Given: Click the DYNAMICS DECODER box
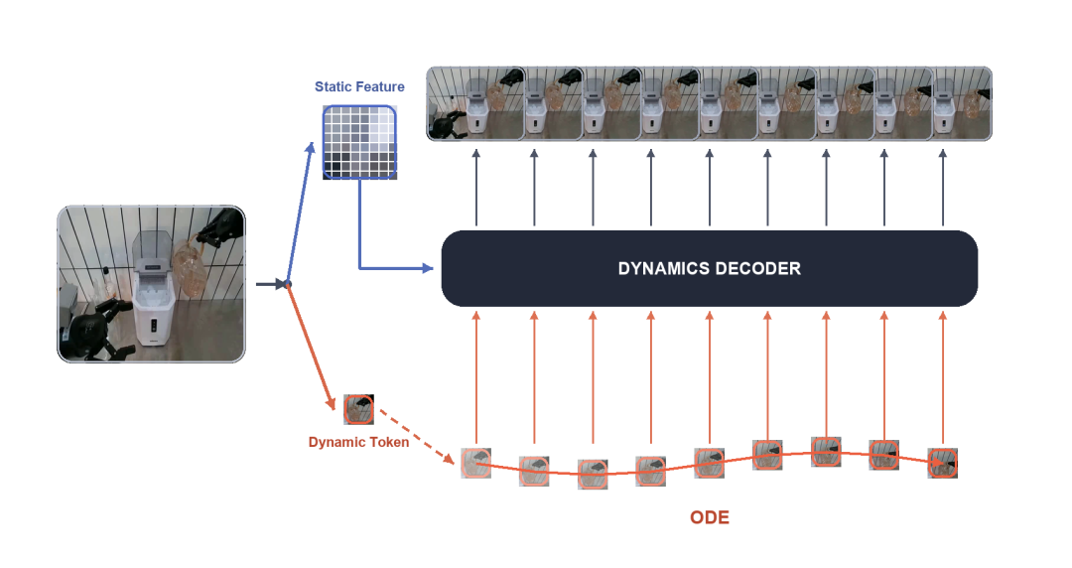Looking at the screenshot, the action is [x=709, y=268].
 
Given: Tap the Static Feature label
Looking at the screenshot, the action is [x=359, y=87].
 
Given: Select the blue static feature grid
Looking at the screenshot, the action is [x=359, y=142].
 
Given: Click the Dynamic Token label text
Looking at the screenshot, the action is [x=359, y=442].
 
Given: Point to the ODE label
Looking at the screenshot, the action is [x=710, y=517].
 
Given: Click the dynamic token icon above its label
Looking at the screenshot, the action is [x=359, y=409].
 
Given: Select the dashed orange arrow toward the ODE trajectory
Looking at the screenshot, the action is [x=416, y=436].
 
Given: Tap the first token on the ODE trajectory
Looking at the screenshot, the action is [x=475, y=464].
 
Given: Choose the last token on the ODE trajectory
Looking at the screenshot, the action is [x=943, y=463].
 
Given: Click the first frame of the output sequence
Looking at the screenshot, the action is [x=475, y=104].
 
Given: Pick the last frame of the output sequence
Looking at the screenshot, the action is [x=963, y=104].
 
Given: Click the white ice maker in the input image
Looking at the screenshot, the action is [x=154, y=287].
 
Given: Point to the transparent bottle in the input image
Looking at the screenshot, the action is [x=190, y=267].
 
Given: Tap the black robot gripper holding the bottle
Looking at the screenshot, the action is [x=220, y=227].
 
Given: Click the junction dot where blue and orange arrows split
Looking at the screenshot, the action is [x=288, y=284].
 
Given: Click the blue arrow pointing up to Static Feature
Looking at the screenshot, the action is [x=301, y=213].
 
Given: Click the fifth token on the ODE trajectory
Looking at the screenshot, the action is [x=709, y=463].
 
